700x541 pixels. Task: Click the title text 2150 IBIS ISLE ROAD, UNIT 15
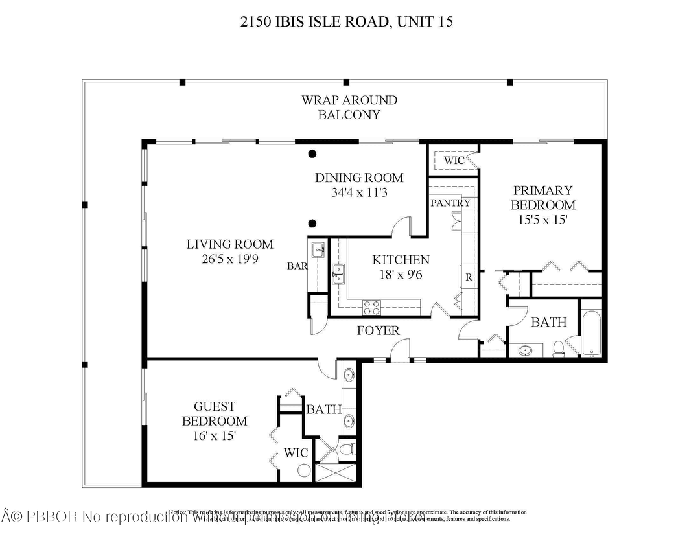(x=345, y=22)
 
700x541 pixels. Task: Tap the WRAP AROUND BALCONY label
(x=349, y=108)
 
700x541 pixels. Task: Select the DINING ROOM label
(x=359, y=178)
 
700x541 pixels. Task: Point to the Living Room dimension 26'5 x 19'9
(x=230, y=259)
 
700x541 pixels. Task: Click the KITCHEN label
(x=401, y=260)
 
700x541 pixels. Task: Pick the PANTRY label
(x=450, y=203)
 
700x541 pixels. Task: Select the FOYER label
(x=379, y=330)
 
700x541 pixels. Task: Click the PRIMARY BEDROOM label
(x=542, y=198)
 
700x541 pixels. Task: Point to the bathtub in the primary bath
(x=592, y=336)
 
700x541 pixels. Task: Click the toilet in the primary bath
(x=557, y=349)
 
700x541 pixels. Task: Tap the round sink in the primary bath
(x=526, y=351)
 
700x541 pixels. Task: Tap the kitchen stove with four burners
(x=374, y=306)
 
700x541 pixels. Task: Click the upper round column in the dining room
(x=312, y=154)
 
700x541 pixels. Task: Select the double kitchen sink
(x=339, y=274)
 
